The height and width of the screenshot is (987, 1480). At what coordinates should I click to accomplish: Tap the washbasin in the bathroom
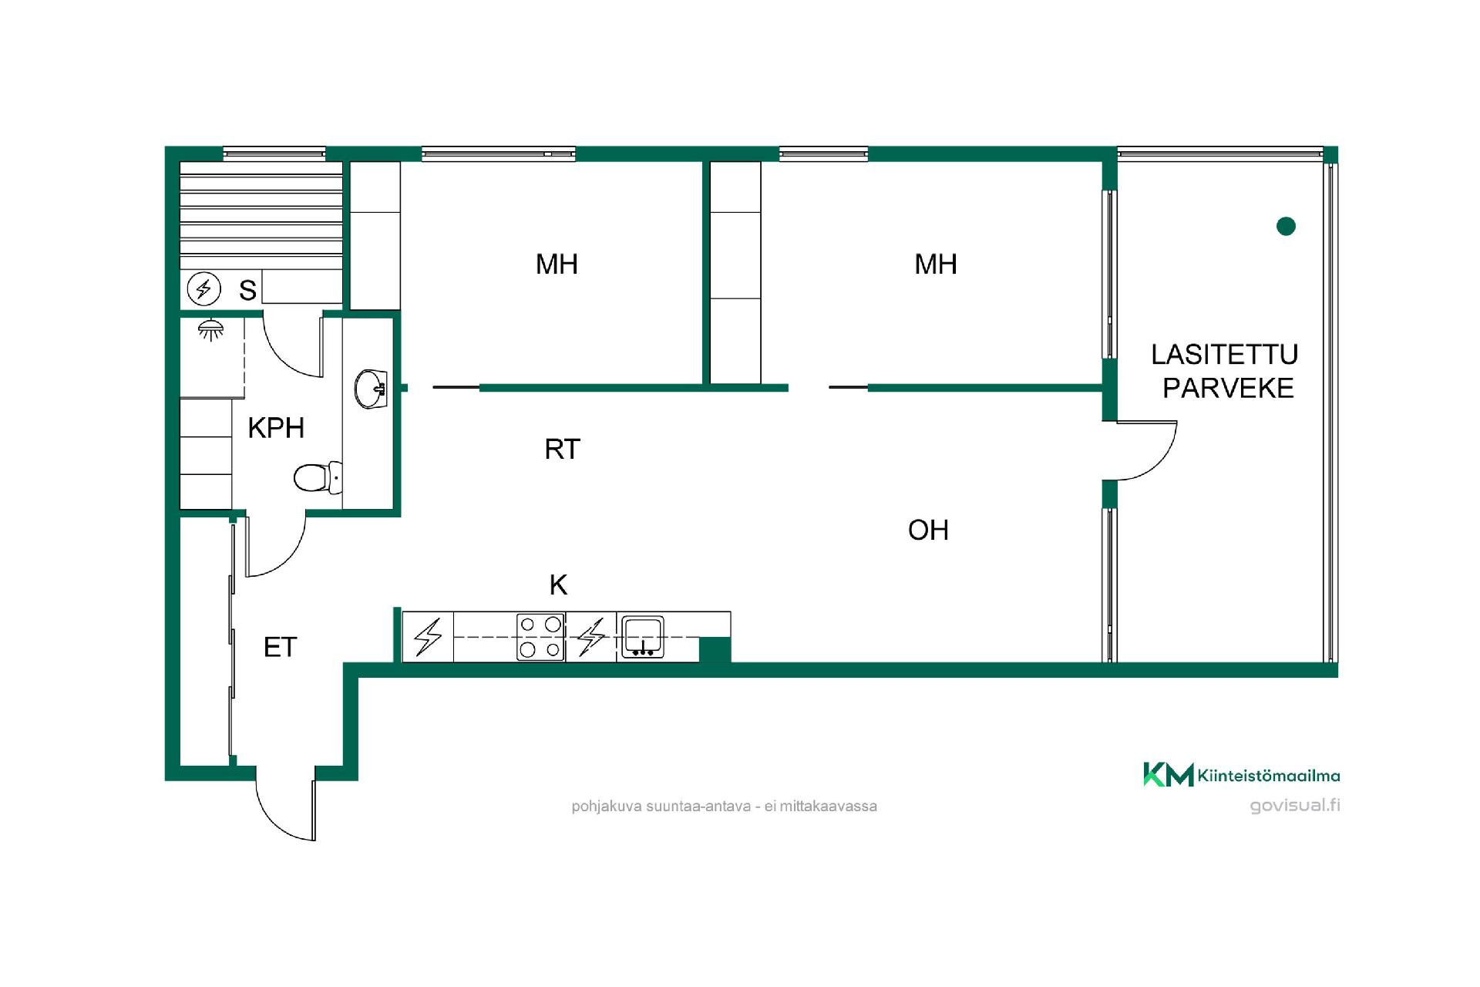pyautogui.click(x=371, y=389)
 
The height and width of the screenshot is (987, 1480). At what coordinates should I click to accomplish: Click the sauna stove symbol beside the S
pyautogui.click(x=204, y=289)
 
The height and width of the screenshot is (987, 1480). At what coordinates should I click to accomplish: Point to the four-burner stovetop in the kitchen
pyautogui.click(x=540, y=637)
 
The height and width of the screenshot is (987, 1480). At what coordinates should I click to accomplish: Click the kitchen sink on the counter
pyautogui.click(x=643, y=637)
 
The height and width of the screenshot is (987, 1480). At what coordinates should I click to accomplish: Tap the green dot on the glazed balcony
pyautogui.click(x=1286, y=226)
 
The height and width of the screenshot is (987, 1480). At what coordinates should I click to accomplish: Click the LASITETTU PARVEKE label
pyautogui.click(x=1225, y=371)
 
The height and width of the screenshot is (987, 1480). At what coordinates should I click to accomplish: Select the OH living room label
pyautogui.click(x=928, y=530)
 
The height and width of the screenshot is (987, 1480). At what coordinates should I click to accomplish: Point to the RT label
pyautogui.click(x=562, y=449)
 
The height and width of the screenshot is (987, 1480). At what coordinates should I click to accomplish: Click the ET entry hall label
pyautogui.click(x=280, y=647)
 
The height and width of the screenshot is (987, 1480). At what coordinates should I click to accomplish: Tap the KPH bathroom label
pyautogui.click(x=276, y=427)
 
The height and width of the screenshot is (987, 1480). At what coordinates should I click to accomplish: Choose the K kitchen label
pyautogui.click(x=558, y=585)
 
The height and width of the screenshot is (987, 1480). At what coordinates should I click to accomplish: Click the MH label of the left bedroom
pyautogui.click(x=557, y=264)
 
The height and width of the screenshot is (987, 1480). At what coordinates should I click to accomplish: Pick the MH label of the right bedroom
pyautogui.click(x=936, y=264)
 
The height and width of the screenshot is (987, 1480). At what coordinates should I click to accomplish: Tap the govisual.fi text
pyautogui.click(x=1295, y=805)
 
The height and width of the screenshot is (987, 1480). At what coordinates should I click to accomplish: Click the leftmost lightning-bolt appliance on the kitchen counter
pyautogui.click(x=429, y=637)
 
